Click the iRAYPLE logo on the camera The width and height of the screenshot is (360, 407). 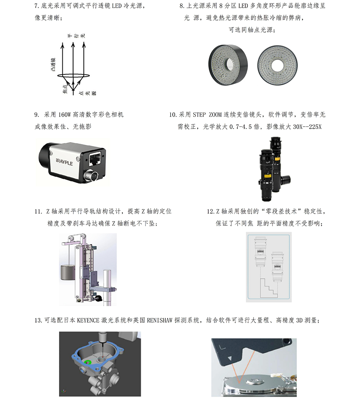point(64,162)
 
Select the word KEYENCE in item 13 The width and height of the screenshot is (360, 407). point(88,320)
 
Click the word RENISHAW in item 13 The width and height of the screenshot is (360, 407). point(159,320)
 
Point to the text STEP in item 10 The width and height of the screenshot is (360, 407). point(199,115)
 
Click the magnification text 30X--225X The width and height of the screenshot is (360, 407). point(307,127)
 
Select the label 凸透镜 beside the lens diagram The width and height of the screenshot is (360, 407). point(53,64)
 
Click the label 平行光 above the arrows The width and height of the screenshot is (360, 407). point(76,36)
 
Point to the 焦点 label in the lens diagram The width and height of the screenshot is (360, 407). point(65,89)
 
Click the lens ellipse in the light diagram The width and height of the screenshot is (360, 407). point(74,76)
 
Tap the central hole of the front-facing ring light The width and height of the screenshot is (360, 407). point(278,65)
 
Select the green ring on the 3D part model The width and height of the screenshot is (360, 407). point(87,362)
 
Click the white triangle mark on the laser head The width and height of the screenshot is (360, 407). point(230,359)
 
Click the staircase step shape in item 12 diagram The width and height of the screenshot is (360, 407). point(269,289)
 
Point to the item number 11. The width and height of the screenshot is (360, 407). point(38,211)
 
